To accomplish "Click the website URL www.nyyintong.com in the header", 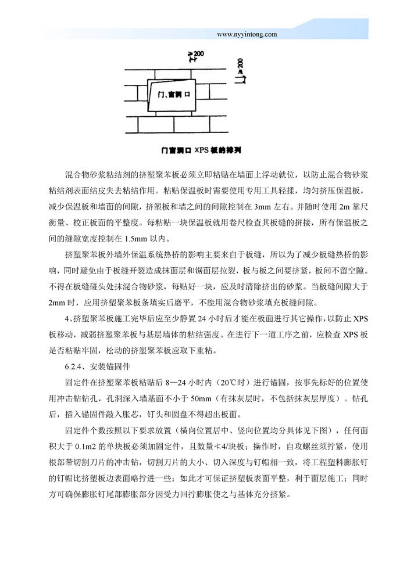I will [x=247, y=34].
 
